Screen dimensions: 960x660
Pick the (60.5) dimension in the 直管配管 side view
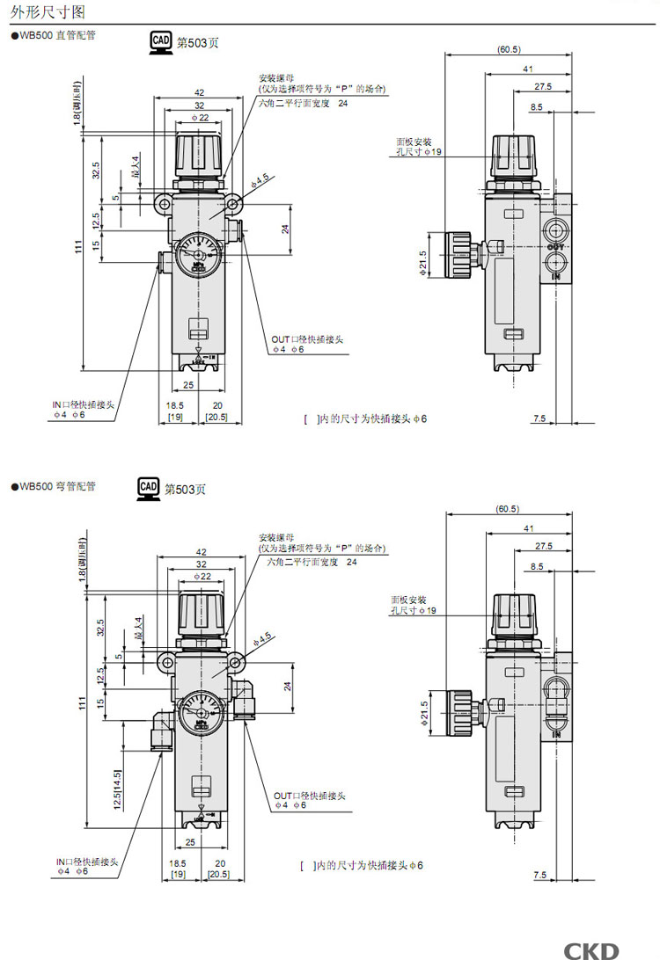coord(508,49)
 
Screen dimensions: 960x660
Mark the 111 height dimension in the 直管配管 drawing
coord(78,251)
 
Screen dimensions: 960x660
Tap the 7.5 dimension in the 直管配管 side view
coord(539,418)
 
